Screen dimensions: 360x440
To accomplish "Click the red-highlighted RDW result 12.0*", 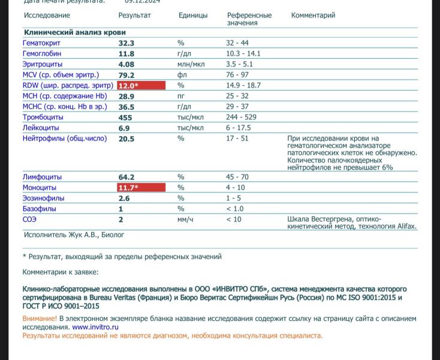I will [141, 86].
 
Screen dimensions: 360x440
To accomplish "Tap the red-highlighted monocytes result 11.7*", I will [141, 188].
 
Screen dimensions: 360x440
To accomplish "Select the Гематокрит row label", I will [41, 43].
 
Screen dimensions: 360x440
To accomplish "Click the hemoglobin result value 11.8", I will [126, 54].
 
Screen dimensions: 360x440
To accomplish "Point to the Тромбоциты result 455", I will [125, 118].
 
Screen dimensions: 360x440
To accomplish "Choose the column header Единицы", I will [193, 16].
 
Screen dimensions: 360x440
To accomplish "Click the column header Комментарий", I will [313, 16].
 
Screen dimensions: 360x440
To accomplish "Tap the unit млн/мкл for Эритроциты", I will [191, 64].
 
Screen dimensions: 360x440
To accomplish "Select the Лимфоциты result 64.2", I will [126, 178].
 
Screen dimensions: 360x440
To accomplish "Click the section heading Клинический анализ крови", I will [74, 32].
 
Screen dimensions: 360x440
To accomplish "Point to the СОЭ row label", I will [30, 220].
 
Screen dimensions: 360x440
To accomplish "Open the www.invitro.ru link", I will [95, 328].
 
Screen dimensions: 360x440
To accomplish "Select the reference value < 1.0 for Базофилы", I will [236, 209].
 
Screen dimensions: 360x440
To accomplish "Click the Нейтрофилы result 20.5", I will [126, 139].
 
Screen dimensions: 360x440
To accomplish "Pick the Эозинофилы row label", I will [43, 199].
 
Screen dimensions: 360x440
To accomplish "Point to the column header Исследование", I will [47, 16].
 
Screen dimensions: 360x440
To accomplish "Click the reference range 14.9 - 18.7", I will [243, 86].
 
